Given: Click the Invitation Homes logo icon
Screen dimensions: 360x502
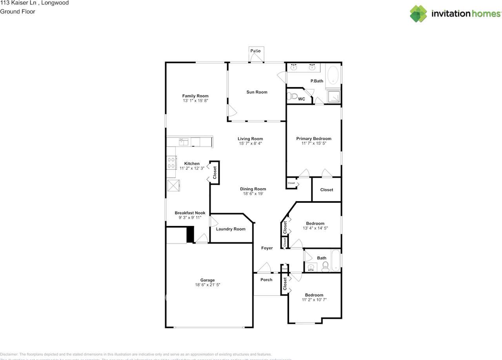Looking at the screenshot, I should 418,13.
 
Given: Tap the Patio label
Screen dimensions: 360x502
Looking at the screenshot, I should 256,51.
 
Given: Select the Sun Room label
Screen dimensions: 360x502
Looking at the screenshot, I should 257,92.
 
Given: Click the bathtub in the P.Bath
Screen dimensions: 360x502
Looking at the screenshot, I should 333,75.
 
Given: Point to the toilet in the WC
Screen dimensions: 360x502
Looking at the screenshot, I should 292,96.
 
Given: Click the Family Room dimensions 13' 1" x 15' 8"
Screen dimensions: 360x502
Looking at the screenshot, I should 195,101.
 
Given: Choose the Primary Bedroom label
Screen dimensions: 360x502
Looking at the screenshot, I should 314,138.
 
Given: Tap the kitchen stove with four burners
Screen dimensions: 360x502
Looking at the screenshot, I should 171,162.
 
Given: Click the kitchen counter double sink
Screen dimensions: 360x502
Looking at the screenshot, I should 184,141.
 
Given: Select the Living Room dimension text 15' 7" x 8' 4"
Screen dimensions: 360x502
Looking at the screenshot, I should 250,144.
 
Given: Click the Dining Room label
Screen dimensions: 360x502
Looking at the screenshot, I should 253,189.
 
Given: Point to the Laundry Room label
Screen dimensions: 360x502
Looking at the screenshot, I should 231,229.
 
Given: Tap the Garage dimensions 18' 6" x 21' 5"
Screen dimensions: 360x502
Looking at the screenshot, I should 207,285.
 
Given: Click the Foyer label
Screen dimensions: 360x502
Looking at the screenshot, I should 267,248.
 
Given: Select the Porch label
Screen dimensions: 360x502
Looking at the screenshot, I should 266,280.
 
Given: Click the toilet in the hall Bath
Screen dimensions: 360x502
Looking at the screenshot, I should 325,268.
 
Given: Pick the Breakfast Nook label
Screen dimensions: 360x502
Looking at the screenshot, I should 190,213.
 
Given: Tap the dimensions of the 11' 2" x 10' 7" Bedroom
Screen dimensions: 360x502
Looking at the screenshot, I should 314,300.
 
